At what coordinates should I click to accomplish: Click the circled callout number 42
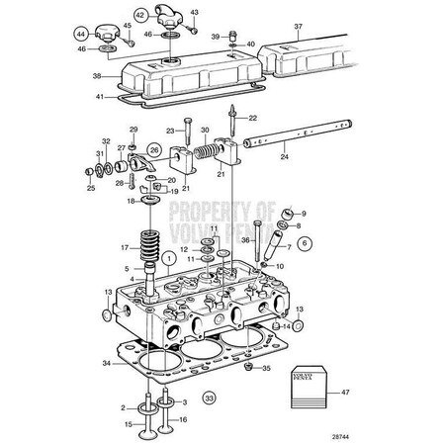140,15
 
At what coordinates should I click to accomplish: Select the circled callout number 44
81,34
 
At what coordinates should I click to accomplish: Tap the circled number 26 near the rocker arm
154,151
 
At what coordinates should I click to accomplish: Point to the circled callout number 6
304,242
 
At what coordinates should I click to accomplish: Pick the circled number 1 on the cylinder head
169,259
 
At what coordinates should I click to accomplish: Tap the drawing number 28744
341,436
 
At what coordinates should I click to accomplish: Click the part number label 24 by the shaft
285,154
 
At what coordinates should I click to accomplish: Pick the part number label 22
252,118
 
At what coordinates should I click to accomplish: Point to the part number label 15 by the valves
129,424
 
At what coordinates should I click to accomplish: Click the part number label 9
304,213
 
